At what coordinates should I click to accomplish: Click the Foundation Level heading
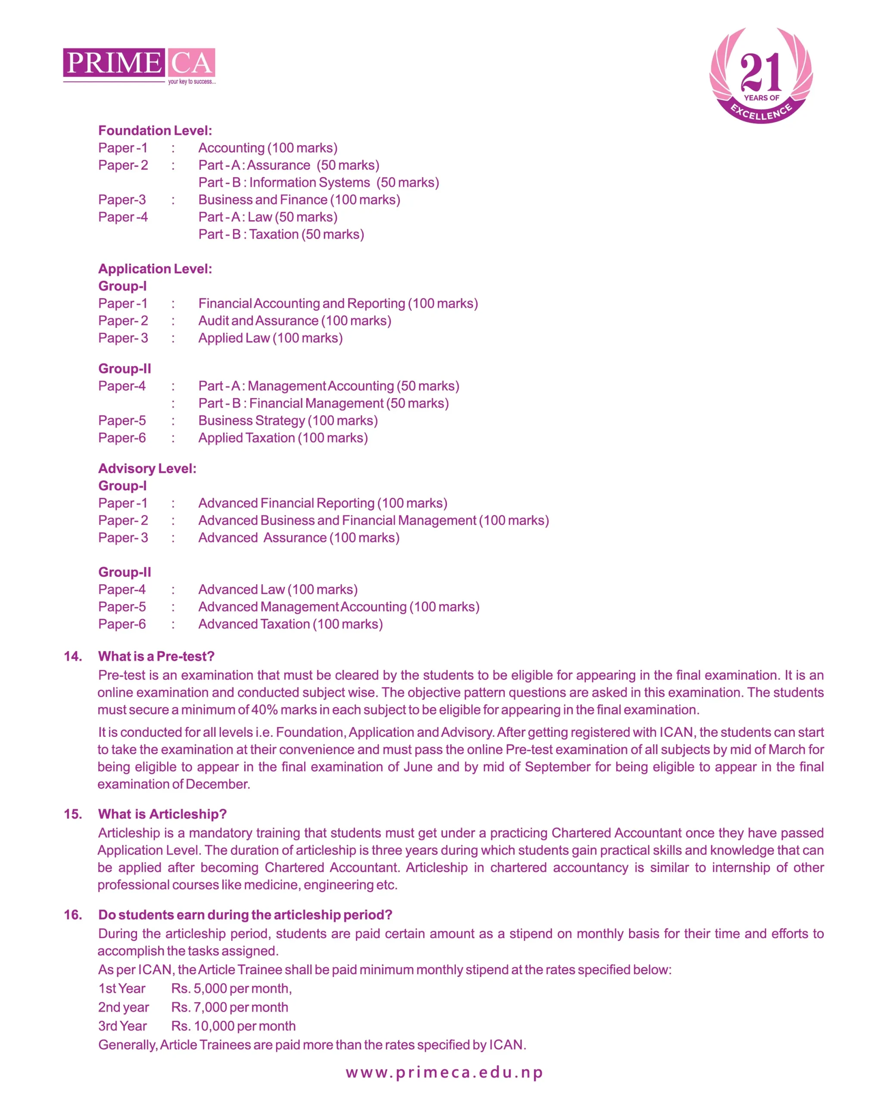[155, 131]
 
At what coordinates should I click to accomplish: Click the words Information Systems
[309, 183]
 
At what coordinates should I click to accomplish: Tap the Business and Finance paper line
[299, 199]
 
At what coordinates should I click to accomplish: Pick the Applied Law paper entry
[270, 338]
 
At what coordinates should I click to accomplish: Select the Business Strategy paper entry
[288, 421]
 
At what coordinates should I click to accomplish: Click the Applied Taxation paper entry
[283, 438]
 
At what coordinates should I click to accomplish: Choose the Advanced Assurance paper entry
[299, 538]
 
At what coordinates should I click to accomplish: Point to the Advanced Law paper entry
[278, 589]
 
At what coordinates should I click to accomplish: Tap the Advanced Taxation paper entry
[290, 624]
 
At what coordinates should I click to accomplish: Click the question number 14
[73, 656]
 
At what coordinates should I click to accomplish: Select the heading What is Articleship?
[162, 814]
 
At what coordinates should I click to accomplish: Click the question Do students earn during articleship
[245, 915]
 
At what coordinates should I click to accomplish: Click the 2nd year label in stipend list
[123, 1007]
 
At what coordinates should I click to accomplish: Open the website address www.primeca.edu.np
[444, 1072]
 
